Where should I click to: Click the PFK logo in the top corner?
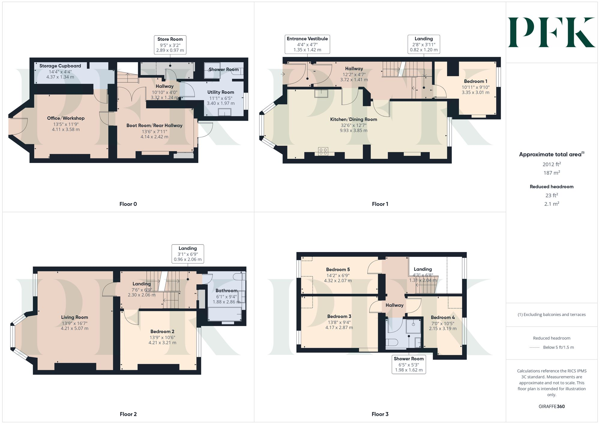click(551, 32)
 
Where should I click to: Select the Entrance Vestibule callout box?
click(307, 44)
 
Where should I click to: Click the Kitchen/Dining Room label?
click(353, 119)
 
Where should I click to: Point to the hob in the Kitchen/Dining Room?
click(323, 151)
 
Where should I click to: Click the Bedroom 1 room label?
click(475, 81)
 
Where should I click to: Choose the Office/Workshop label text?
click(66, 118)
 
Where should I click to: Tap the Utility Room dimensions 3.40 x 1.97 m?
click(221, 103)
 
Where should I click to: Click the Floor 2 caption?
click(128, 414)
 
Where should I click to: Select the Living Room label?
click(74, 317)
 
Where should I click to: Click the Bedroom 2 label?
click(162, 331)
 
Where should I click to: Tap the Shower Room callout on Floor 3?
click(409, 364)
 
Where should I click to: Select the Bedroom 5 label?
click(338, 269)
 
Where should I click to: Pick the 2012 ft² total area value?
click(551, 164)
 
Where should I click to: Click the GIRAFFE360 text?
click(551, 407)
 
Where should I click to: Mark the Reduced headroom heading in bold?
click(551, 187)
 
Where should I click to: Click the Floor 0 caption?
click(128, 204)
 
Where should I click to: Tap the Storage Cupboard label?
click(60, 66)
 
